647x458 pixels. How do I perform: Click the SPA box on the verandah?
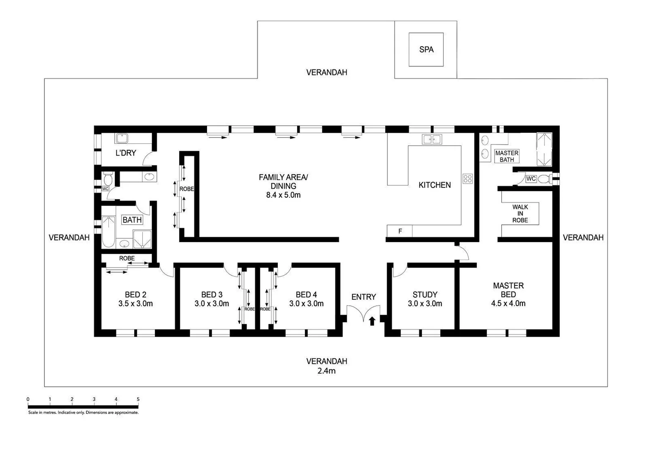[x=426, y=50]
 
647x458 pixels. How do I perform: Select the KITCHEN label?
[x=434, y=185]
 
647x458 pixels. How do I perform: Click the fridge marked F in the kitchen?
[x=400, y=231]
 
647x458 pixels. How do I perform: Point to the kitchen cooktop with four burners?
[x=467, y=179]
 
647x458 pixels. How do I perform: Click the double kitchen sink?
[x=431, y=139]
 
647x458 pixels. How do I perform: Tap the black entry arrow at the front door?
[x=372, y=321]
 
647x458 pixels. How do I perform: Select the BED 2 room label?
[x=135, y=294]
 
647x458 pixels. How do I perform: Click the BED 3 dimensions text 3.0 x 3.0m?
[x=212, y=304]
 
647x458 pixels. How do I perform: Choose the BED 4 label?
[x=306, y=294]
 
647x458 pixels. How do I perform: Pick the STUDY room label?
[x=425, y=294]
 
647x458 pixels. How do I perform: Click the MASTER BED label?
[x=508, y=290]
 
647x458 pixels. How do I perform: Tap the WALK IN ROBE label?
[x=520, y=214]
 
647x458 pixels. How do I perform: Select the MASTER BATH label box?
[x=506, y=156]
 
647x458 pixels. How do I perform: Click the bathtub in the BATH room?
[x=108, y=232]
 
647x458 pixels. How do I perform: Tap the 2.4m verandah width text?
[x=326, y=371]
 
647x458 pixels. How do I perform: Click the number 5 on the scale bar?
[x=138, y=399]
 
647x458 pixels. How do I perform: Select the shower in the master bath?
[x=544, y=149]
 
